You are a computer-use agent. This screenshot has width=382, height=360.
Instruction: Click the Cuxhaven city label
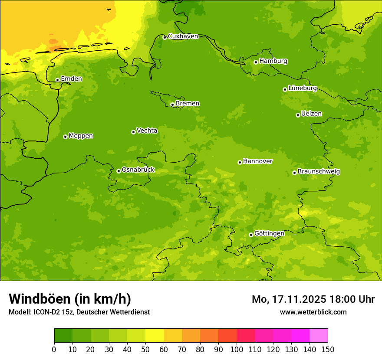183,36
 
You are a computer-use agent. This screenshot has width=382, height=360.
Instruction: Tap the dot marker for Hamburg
256,62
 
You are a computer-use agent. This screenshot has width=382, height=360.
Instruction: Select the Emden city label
71,79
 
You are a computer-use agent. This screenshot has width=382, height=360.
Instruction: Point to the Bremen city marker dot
172,105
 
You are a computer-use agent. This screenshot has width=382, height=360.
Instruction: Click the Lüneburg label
303,88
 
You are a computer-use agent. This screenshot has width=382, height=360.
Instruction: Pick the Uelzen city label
311,114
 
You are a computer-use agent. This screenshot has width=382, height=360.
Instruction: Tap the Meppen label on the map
81,136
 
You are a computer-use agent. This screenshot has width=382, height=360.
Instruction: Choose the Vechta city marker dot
133,132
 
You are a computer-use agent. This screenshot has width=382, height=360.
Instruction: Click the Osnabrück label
138,170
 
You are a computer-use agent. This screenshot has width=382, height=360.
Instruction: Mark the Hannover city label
258,161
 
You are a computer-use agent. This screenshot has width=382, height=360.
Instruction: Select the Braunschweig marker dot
294,173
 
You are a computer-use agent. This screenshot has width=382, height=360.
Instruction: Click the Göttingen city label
269,233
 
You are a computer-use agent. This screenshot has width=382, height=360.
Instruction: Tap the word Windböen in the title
39,299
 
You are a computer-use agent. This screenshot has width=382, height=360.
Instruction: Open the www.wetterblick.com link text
313,312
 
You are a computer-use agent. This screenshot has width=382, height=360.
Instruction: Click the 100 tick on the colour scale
237,349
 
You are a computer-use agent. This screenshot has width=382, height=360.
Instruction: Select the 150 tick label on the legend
328,349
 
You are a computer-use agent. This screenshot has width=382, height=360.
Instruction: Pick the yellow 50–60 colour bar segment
155,336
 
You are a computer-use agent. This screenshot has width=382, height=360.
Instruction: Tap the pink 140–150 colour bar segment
319,336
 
